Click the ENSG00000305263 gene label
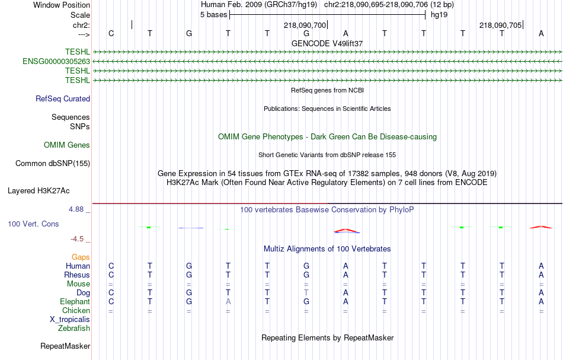[x=56, y=62]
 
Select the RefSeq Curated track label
[x=63, y=99]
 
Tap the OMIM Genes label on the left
[x=67, y=145]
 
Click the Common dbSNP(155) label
[x=53, y=164]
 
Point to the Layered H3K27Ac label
[x=39, y=191]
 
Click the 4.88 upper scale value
[x=76, y=209]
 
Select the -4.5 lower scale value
[x=77, y=239]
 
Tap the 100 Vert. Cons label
[x=33, y=224]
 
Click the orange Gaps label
[x=81, y=257]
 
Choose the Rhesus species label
[x=77, y=275]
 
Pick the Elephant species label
[x=75, y=301]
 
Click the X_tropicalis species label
[x=70, y=320]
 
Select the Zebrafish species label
[x=74, y=329]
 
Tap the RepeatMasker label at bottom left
[x=65, y=346]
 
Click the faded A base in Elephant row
[x=228, y=302]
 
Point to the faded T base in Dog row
[x=306, y=293]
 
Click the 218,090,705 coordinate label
[x=501, y=25]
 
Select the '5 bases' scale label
[x=213, y=15]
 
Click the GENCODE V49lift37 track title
[x=327, y=43]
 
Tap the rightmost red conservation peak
[x=540, y=227]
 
